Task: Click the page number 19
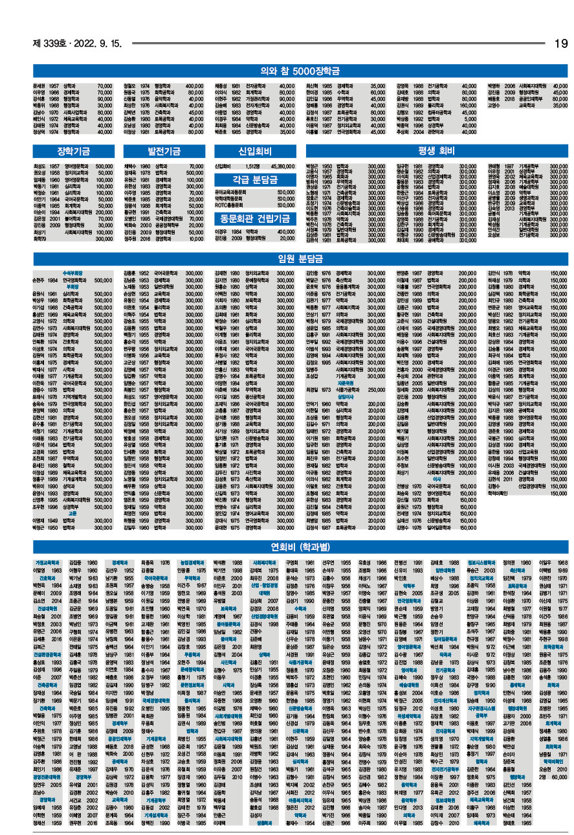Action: [560, 43]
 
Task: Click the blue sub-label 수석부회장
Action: [72, 274]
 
